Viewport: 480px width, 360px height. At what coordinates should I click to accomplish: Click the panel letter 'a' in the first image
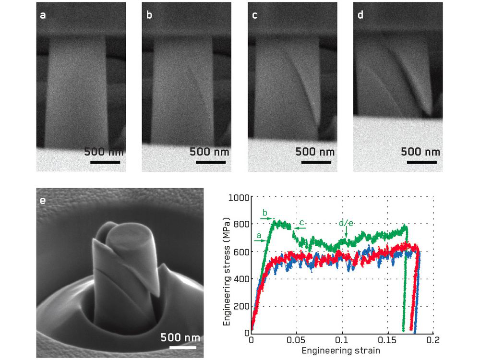pyautogui.click(x=43, y=15)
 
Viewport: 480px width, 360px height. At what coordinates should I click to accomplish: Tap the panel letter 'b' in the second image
pyautogui.click(x=149, y=15)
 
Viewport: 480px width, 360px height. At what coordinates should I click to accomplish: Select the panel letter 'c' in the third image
pyautogui.click(x=255, y=15)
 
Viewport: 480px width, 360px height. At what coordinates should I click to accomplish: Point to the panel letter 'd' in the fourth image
pyautogui.click(x=360, y=15)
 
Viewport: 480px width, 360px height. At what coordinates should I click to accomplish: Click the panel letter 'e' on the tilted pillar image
pyautogui.click(x=43, y=200)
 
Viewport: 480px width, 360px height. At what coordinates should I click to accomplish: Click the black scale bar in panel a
pyautogui.click(x=105, y=162)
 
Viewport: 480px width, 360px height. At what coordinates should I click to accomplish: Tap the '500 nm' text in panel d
pyautogui.click(x=420, y=152)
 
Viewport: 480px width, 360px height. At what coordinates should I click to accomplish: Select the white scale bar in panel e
pyautogui.click(x=182, y=348)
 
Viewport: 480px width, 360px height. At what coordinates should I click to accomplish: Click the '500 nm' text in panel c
pyautogui.click(x=315, y=152)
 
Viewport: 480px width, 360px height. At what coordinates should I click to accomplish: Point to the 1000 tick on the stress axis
pyautogui.click(x=240, y=197)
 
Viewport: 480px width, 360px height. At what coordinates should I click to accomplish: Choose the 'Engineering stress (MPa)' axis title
pyautogui.click(x=227, y=264)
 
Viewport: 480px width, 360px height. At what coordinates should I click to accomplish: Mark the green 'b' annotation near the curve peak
pyautogui.click(x=264, y=212)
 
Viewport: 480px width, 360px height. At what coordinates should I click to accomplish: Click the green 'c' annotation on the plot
pyautogui.click(x=301, y=223)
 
